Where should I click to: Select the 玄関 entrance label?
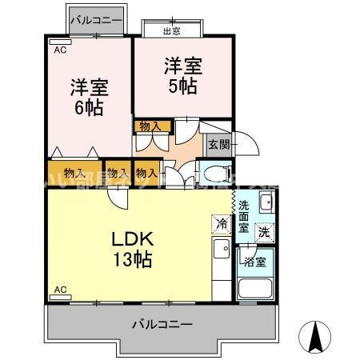(218, 145)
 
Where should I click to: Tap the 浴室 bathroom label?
(255, 261)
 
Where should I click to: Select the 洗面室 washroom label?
(244, 216)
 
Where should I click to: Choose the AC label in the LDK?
(59, 288)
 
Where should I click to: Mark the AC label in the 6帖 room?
(60, 50)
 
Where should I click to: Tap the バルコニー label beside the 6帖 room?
(95, 18)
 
